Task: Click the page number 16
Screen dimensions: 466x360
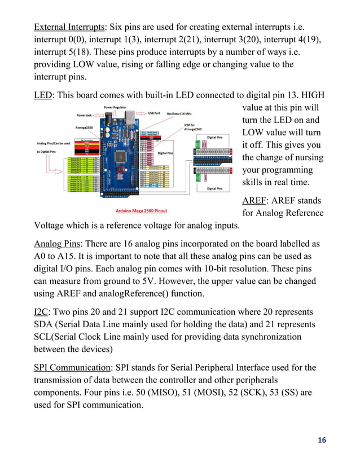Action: coord(321,441)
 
